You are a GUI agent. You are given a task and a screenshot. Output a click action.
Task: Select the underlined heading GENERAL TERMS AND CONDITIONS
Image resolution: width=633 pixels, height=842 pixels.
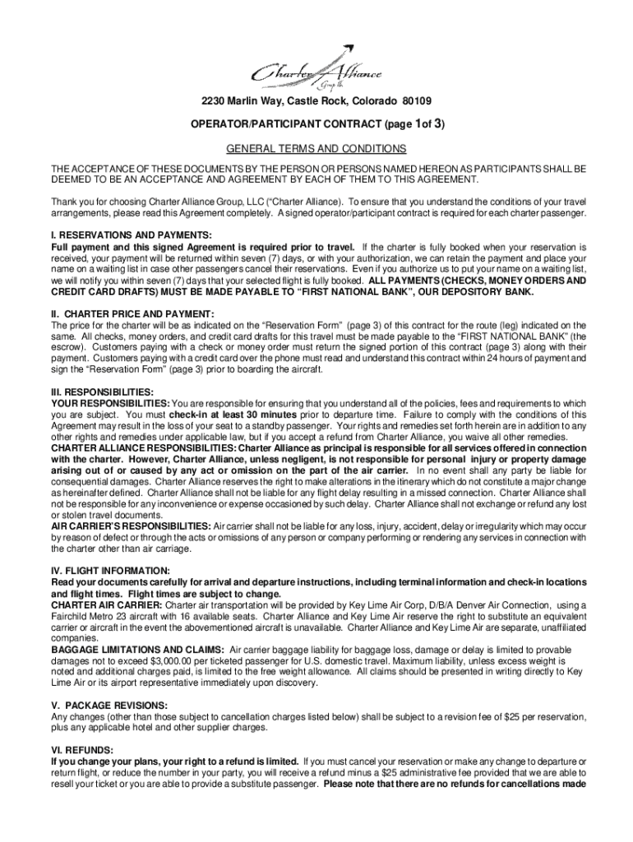pyautogui.click(x=316, y=149)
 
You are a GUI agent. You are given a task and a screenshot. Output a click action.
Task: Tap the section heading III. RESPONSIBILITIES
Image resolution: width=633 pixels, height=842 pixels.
pyautogui.click(x=102, y=392)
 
